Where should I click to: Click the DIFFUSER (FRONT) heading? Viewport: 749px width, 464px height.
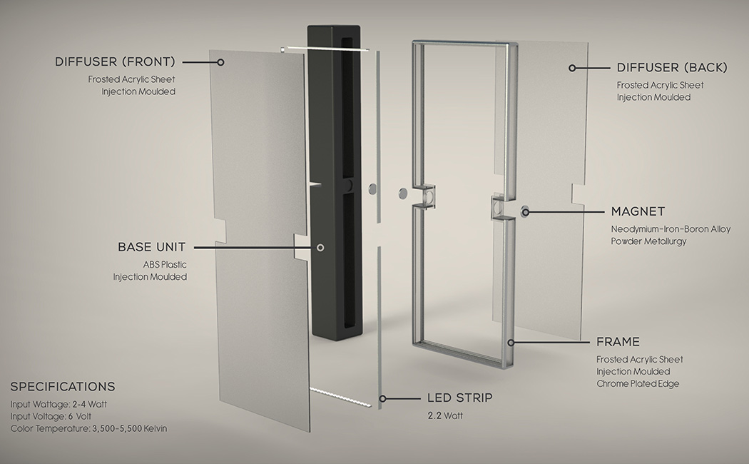pyautogui.click(x=115, y=61)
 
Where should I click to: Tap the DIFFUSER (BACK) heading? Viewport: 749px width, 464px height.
pyautogui.click(x=672, y=67)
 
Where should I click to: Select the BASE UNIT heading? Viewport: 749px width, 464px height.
pyautogui.click(x=151, y=247)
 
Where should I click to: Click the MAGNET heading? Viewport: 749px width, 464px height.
pyautogui.click(x=638, y=211)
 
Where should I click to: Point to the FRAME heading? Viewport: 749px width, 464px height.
pyautogui.click(x=618, y=342)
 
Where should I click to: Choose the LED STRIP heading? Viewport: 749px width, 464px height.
pyautogui.click(x=459, y=398)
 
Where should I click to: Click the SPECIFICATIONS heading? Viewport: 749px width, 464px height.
pyautogui.click(x=63, y=386)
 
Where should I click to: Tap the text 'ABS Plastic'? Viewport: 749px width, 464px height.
pyautogui.click(x=165, y=264)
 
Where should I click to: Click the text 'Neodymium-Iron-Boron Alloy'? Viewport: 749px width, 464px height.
pyautogui.click(x=671, y=229)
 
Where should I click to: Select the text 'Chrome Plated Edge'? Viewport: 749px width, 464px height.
pyautogui.click(x=638, y=383)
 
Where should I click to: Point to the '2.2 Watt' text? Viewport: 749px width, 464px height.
pyautogui.click(x=445, y=415)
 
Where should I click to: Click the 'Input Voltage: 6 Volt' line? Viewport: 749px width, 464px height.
pyautogui.click(x=51, y=416)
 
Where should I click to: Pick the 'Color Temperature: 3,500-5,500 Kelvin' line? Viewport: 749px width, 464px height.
pyautogui.click(x=89, y=428)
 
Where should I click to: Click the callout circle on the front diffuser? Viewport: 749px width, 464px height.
pyautogui.click(x=220, y=62)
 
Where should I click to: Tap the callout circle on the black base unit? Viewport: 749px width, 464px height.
pyautogui.click(x=320, y=248)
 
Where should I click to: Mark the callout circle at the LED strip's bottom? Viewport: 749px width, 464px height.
pyautogui.click(x=382, y=398)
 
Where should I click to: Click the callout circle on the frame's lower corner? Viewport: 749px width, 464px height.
pyautogui.click(x=511, y=342)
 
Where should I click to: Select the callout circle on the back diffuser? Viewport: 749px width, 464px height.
pyautogui.click(x=572, y=68)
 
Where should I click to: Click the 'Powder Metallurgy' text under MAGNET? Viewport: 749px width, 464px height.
pyautogui.click(x=648, y=241)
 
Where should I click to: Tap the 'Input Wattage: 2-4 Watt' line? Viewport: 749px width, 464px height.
pyautogui.click(x=58, y=404)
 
